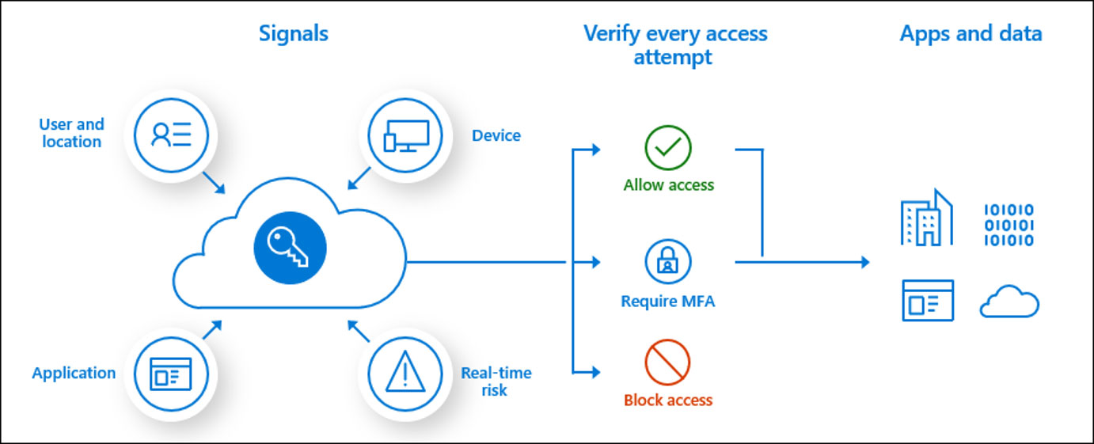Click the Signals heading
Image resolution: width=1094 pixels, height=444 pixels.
[x=293, y=34]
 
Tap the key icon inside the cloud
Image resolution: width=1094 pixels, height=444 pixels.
[x=290, y=248]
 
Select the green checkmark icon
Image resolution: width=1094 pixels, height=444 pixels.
[x=667, y=147]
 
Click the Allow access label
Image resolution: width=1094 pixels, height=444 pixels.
[x=668, y=185]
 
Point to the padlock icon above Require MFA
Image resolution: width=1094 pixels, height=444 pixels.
[x=667, y=262]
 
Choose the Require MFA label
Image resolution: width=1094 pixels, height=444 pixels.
[x=667, y=301]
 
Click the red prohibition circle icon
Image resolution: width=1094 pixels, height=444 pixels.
[x=667, y=362]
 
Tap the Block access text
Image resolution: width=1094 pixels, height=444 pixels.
[x=667, y=400]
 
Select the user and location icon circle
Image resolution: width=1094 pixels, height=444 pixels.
[x=171, y=135]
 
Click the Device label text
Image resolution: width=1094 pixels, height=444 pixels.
[x=496, y=135]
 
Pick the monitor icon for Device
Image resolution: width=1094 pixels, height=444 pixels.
[x=405, y=135]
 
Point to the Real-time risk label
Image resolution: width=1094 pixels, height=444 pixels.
[x=496, y=381]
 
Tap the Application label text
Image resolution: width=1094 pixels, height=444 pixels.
[x=74, y=374]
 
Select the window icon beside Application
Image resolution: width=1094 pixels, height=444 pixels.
[x=171, y=374]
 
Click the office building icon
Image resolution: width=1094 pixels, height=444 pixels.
[x=926, y=217]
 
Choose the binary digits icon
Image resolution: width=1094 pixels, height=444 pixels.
[x=1009, y=225]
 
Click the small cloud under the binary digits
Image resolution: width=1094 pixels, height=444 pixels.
[x=1009, y=302]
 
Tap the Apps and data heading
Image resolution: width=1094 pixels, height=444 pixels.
[x=971, y=34]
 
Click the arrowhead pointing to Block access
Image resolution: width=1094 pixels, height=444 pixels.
[x=596, y=372]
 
